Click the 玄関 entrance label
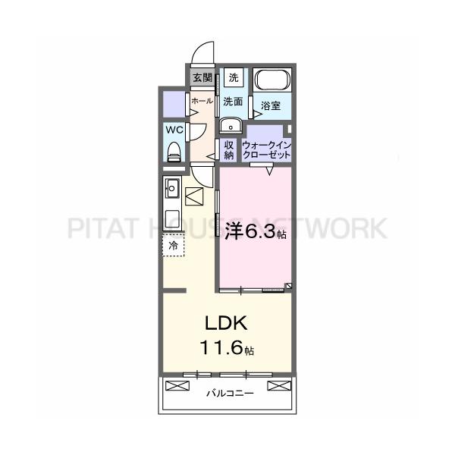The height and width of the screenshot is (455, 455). (202, 77)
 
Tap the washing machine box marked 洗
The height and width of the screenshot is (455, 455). (234, 77)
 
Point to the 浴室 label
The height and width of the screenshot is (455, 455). (271, 105)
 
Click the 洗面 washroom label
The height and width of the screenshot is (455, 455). (233, 102)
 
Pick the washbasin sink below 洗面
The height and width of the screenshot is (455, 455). (231, 125)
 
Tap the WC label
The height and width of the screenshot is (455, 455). (174, 130)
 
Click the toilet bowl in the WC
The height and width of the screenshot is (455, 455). (174, 152)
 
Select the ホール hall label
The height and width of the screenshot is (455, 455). (202, 101)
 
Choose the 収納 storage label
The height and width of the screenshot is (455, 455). (229, 150)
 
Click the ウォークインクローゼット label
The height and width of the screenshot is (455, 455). (266, 149)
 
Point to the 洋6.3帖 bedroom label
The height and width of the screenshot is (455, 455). (256, 231)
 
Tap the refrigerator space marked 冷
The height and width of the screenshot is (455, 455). (173, 246)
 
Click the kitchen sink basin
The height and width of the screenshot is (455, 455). (172, 189)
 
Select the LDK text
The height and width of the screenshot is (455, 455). (226, 323)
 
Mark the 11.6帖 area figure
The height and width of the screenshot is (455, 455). (227, 347)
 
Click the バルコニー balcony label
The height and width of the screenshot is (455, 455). (230, 394)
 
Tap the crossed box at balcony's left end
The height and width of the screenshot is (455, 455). (177, 386)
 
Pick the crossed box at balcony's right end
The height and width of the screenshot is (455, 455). (279, 386)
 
